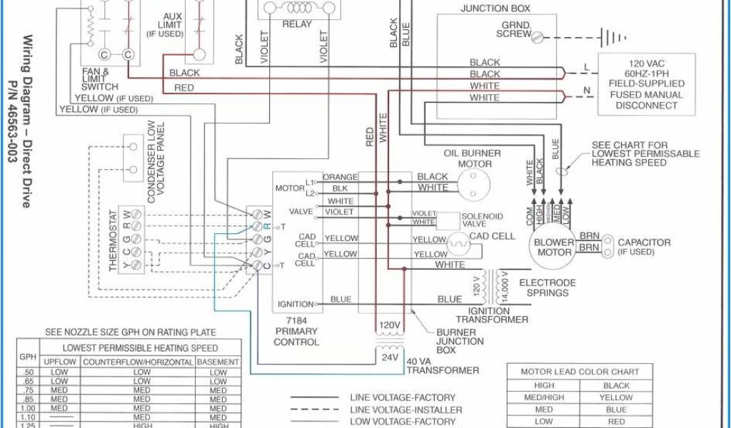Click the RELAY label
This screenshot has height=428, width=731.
(297, 24)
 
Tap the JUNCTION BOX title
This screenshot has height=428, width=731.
(495, 9)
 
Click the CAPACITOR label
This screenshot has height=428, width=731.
(644, 243)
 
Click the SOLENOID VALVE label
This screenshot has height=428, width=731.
(482, 220)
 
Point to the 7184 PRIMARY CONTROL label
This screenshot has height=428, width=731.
(296, 331)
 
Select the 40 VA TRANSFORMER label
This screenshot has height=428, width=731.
(442, 365)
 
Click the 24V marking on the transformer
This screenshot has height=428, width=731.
(390, 357)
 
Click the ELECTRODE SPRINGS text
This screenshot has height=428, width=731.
(548, 287)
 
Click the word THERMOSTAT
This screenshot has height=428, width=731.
(113, 240)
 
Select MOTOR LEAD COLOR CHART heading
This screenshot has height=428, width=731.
(580, 372)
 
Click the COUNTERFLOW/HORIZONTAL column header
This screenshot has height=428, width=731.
(138, 362)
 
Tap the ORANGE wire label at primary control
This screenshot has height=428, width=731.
(340, 177)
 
